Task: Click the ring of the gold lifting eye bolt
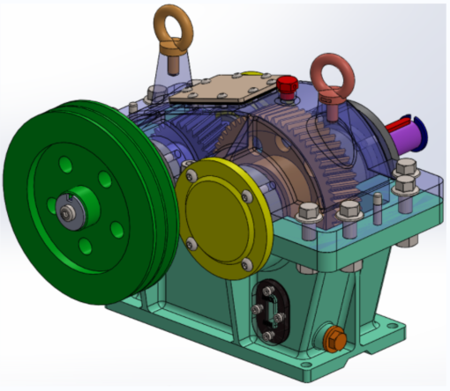(169, 18)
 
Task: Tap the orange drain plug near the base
(334, 338)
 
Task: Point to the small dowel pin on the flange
(378, 202)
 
